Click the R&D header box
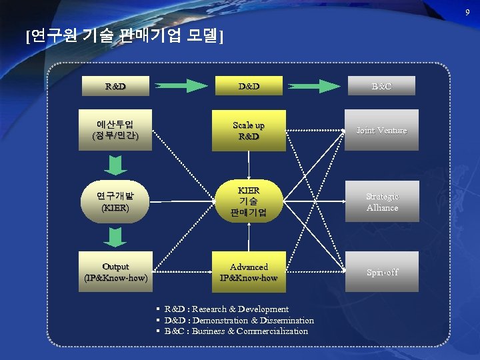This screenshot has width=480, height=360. tap(115, 86)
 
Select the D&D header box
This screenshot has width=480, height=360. tap(249, 86)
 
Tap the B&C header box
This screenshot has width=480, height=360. tap(381, 86)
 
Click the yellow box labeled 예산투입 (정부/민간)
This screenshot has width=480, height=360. tap(115, 130)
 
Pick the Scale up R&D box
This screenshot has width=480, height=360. tap(249, 131)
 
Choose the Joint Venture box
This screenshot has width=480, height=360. tap(381, 130)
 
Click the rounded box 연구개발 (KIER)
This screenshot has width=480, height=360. tap(115, 201)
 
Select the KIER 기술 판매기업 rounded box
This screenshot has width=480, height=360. tap(249, 201)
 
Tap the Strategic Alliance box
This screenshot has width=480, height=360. tap(381, 201)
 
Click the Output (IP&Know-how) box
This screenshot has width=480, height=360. tap(115, 271)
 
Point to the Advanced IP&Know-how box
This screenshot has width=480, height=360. tap(249, 271)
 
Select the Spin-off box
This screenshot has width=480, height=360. tap(381, 271)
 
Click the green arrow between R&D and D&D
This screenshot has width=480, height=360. tap(182, 85)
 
